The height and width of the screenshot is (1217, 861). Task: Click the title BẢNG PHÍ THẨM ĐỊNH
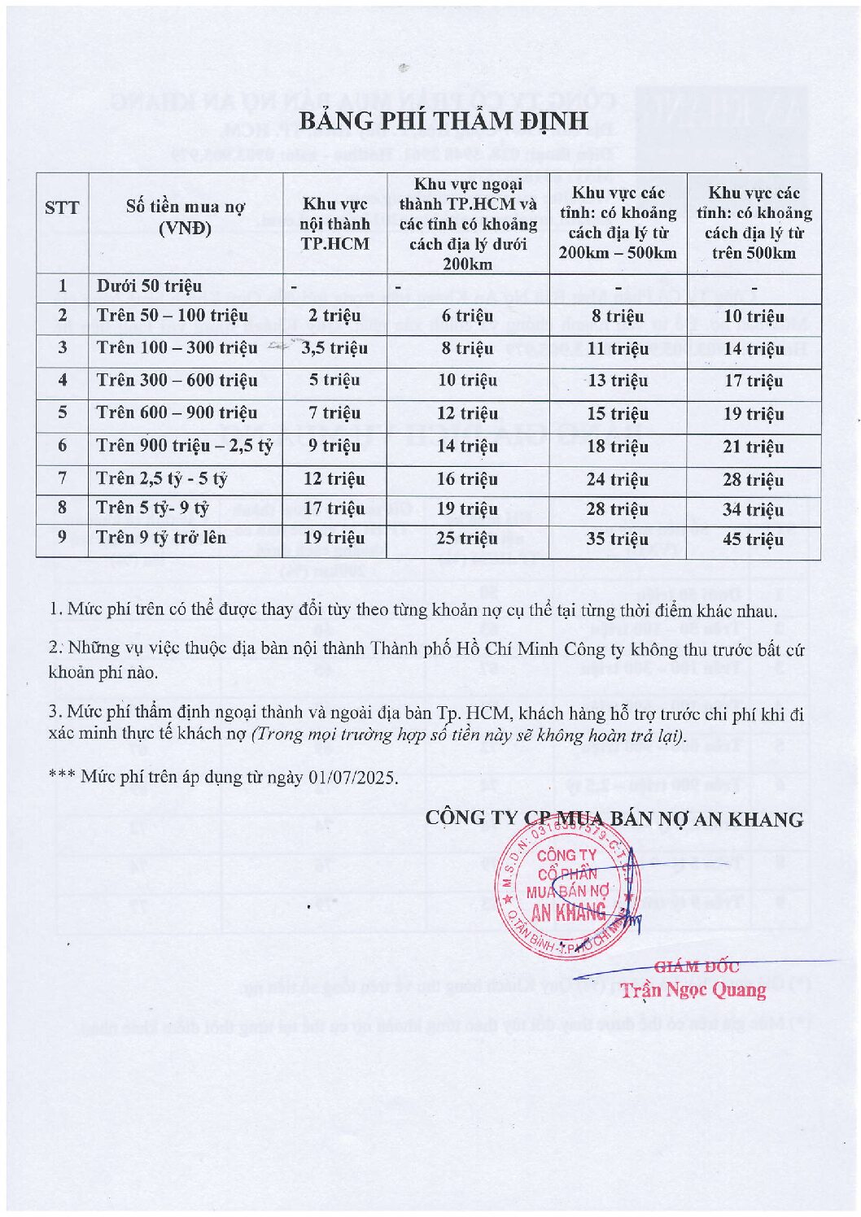click(443, 120)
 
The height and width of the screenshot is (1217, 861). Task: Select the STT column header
click(62, 207)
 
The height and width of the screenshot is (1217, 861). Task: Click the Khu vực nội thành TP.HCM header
click(334, 224)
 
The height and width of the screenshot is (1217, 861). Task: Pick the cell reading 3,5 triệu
click(334, 348)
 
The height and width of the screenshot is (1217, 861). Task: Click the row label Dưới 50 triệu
click(149, 286)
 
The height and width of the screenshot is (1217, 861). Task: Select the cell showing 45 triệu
click(754, 539)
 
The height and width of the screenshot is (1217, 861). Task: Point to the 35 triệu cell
click(618, 539)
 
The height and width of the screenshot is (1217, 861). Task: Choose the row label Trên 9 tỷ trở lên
click(161, 537)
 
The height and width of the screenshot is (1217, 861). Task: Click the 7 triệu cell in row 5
click(334, 413)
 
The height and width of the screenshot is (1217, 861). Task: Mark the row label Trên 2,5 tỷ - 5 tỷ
click(161, 478)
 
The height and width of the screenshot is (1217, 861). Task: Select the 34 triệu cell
click(754, 510)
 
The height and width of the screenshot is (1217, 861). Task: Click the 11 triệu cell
click(618, 349)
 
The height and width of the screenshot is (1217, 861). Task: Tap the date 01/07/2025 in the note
click(352, 777)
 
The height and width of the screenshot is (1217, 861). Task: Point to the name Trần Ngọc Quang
click(693, 990)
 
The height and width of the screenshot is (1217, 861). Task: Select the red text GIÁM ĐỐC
click(697, 966)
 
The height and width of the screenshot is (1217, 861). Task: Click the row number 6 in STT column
click(62, 446)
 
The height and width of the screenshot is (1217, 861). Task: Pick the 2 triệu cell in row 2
click(334, 316)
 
